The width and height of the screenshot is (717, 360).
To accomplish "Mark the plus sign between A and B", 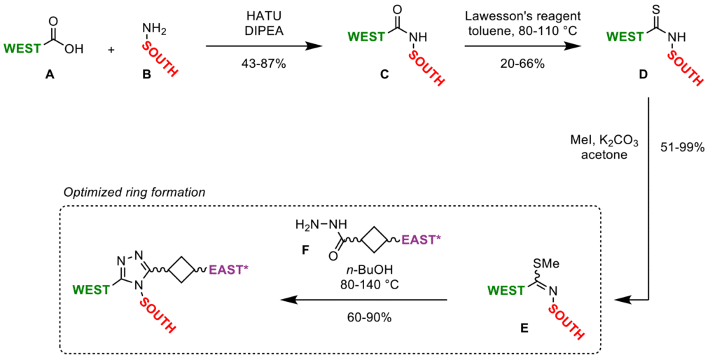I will [x=111, y=50].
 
